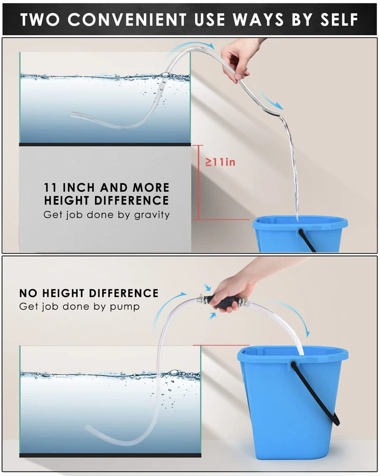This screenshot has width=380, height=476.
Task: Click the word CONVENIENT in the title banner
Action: coord(127,20)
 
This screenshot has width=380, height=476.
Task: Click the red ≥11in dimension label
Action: coord(220,162)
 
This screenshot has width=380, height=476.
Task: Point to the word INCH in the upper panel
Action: coord(78,187)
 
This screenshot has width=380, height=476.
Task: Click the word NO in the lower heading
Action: coord(28,293)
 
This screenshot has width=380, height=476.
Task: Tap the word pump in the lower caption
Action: coord(124,307)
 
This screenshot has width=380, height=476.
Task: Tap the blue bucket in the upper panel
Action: coord(300,233)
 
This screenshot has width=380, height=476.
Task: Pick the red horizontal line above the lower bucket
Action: coord(221,345)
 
